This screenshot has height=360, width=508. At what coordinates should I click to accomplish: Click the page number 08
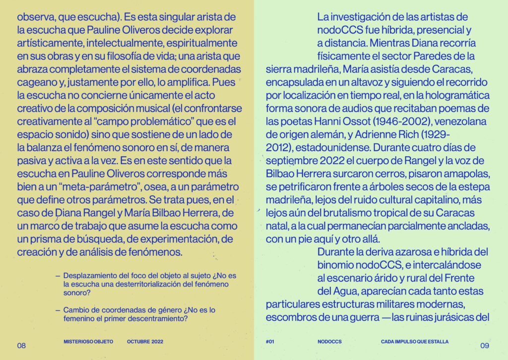[x=21, y=345]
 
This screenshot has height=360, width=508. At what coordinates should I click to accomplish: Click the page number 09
[x=485, y=345]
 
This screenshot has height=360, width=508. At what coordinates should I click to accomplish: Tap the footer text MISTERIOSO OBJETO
[x=89, y=342]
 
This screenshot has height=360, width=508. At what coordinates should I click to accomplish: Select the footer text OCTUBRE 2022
[x=145, y=342]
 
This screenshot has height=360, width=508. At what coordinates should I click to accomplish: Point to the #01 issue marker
[x=270, y=342]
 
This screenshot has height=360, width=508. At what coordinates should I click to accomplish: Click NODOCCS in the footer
[x=330, y=342]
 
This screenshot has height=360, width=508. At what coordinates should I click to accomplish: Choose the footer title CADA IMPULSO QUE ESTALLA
[x=415, y=342]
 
